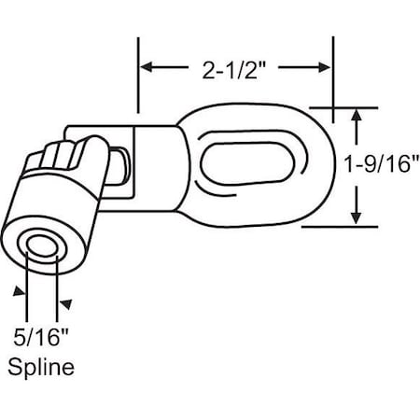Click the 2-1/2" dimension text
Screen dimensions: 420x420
(x=235, y=66)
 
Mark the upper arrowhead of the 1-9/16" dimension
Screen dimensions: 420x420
(x=356, y=114)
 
